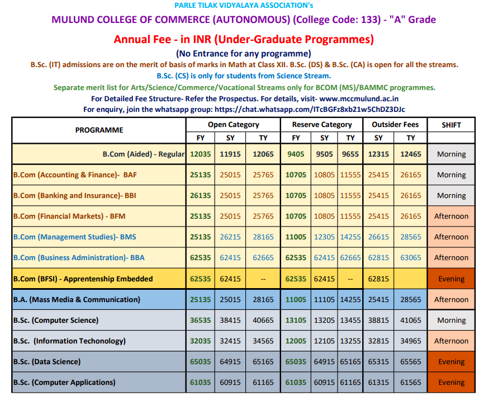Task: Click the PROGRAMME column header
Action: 99,130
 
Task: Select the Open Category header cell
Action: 233,125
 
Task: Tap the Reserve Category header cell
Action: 322,125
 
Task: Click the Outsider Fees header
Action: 395,125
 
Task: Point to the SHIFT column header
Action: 451,125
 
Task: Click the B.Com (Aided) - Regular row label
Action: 143,154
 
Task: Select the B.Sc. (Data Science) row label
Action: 47,362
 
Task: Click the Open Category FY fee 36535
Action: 201,321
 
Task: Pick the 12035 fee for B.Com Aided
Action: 201,154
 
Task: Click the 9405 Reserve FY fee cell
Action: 296,154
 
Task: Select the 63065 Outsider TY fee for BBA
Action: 411,258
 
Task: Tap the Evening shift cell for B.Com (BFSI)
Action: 451,279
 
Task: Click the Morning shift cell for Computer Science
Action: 451,321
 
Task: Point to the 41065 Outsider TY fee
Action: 411,321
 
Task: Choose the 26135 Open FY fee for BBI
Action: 201,196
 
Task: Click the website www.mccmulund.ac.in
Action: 359,99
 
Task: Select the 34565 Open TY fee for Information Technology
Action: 263,341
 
